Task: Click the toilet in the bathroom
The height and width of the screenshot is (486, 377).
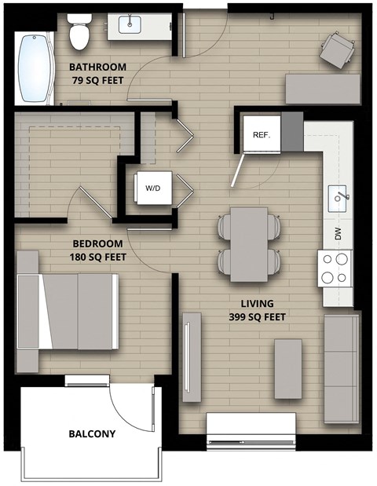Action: point(79,31)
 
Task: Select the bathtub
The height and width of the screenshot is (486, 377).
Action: point(33,68)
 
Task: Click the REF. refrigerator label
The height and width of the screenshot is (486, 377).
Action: point(262,134)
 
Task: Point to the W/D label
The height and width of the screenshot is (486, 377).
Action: point(152,188)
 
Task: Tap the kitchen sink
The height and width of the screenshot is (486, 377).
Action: point(340,195)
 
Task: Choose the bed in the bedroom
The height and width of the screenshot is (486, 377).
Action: point(79,312)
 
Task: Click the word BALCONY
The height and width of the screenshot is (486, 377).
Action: point(92,434)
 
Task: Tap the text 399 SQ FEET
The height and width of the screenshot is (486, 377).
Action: point(258,317)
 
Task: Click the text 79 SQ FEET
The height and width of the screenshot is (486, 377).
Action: point(98,79)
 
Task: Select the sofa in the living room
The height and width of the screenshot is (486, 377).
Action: point(342,364)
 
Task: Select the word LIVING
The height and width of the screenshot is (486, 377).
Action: point(258,304)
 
